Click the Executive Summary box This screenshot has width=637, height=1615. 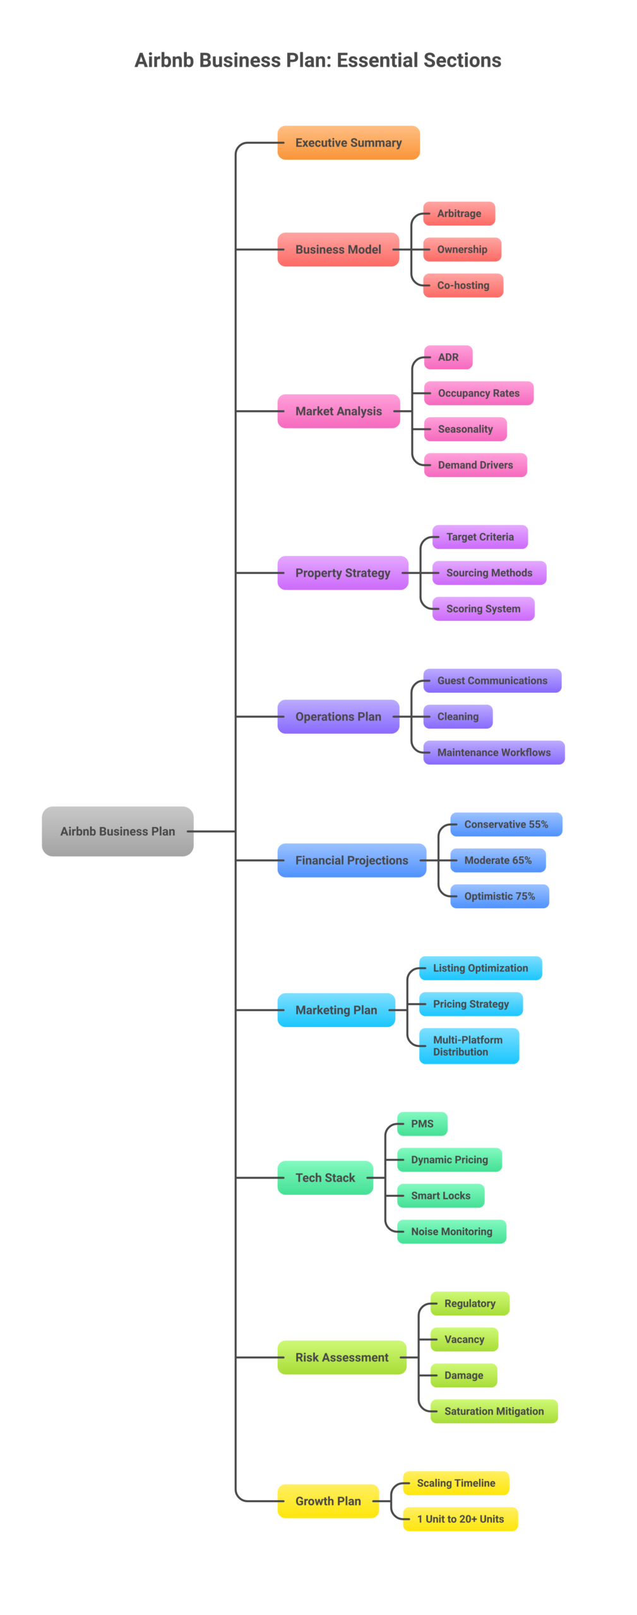coord(348,143)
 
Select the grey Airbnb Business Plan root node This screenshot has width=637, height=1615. coord(117,831)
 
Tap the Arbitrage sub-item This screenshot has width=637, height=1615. coord(459,213)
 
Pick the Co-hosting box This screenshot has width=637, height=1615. coord(463,285)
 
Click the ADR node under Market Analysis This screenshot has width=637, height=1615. coord(448,357)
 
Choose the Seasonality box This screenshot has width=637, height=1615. coord(465,429)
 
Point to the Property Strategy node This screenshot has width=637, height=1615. coord(343,573)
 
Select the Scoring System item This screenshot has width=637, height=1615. coord(483,609)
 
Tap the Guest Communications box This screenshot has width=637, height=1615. coord(492,681)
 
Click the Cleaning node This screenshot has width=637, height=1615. coord(458,717)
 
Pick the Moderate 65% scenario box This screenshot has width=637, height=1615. coord(497,860)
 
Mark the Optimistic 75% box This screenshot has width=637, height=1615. coord(499,896)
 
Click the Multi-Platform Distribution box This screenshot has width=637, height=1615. coord(468,1045)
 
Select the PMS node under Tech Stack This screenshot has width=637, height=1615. coord(422,1124)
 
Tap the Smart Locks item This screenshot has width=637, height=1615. coord(441,1195)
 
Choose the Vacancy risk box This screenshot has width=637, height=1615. coord(464,1339)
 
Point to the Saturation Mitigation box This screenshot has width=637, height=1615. coord(494,1411)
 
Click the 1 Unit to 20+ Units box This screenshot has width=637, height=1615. coord(460,1519)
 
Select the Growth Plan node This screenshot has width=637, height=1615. coord(328,1501)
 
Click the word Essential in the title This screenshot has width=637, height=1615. coord(377,61)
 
